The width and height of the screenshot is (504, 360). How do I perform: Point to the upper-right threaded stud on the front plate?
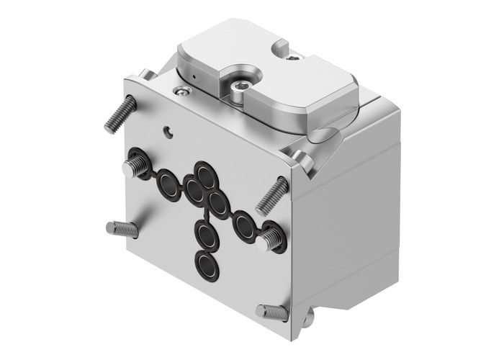point(273,192)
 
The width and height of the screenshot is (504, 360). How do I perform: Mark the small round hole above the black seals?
point(168,132)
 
